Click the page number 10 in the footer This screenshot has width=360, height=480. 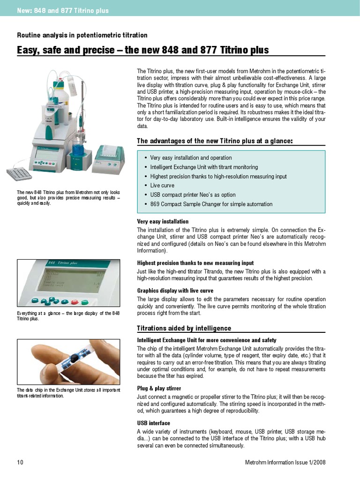point(20,462)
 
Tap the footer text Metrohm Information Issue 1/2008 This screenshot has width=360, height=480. point(285,462)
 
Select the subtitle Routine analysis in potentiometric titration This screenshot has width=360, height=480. point(82,35)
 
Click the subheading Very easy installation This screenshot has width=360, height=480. point(163,221)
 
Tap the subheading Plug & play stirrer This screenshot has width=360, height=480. point(159,389)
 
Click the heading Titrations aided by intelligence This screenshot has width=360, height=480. point(184,328)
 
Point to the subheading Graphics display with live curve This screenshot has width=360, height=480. point(175,291)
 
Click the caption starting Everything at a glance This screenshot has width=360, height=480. point(68,315)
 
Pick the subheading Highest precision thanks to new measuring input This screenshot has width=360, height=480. point(195,263)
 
